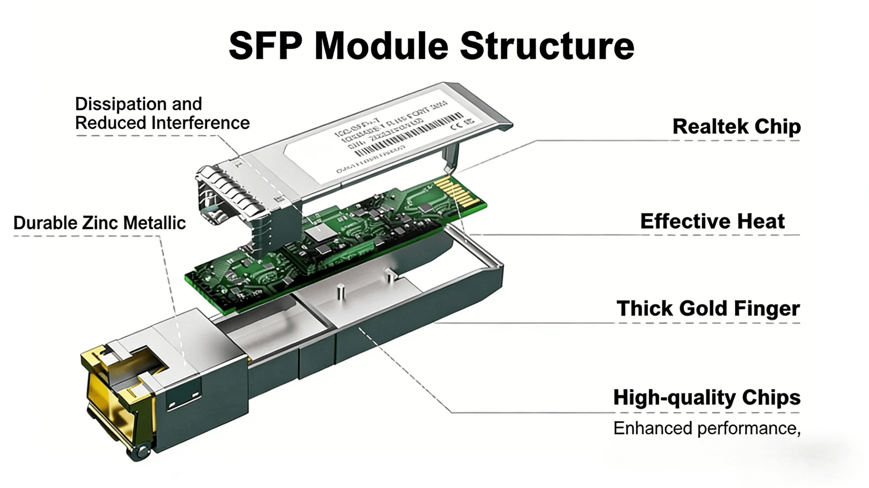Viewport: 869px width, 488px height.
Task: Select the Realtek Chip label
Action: pyautogui.click(x=736, y=127)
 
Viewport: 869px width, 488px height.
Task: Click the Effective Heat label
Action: pyautogui.click(x=712, y=221)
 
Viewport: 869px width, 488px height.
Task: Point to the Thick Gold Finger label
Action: pyautogui.click(x=708, y=309)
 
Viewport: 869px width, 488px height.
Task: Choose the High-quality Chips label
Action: pyautogui.click(x=707, y=397)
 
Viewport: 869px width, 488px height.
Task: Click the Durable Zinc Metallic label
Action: pyautogui.click(x=100, y=223)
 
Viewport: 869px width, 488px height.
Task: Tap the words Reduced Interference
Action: pyautogui.click(x=162, y=123)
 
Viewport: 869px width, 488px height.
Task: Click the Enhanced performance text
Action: pyautogui.click(x=707, y=428)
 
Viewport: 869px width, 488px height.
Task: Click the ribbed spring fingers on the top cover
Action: pyautogui.click(x=233, y=189)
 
